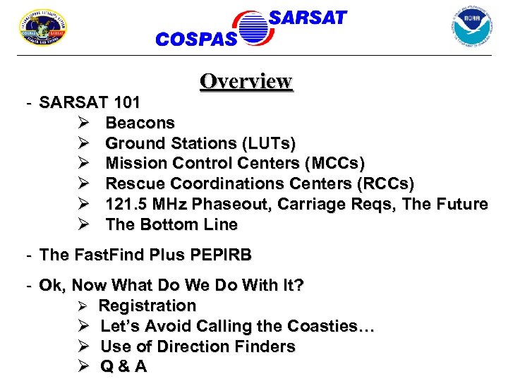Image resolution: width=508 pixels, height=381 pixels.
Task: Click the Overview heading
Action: point(246,81)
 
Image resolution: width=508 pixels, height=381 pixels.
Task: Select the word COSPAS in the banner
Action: point(196,40)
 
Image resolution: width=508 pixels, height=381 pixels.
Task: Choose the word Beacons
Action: point(140,123)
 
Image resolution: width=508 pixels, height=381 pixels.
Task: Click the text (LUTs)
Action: point(269,143)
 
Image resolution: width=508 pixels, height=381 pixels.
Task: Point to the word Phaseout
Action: point(234,205)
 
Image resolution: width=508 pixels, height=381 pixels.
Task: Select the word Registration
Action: point(147,306)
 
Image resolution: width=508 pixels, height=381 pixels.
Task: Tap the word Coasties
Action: point(332,326)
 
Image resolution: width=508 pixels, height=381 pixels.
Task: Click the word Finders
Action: point(265,346)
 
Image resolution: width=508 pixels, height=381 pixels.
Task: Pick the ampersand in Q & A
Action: point(124,367)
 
